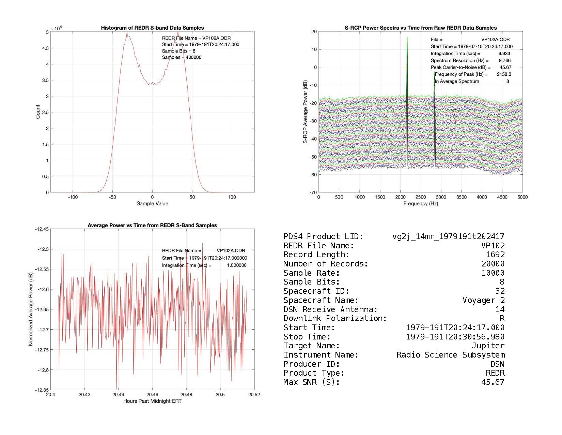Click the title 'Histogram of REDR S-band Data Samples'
coord(152,28)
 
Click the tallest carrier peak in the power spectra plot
coord(407,38)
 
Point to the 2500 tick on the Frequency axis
coord(421,197)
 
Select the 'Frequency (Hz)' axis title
coord(421,204)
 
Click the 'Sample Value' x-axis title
coord(152,204)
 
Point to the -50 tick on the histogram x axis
coord(113,197)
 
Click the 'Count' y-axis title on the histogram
coord(38,112)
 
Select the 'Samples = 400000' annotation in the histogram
coord(182,57)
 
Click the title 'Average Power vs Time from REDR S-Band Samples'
coord(152,226)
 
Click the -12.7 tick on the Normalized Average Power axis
coord(42,330)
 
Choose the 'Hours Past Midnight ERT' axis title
coord(152,401)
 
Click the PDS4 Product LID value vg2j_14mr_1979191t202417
coord(448,236)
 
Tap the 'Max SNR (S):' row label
coord(312,382)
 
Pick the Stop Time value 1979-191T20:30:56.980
coord(455,337)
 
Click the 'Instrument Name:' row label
coord(321,355)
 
